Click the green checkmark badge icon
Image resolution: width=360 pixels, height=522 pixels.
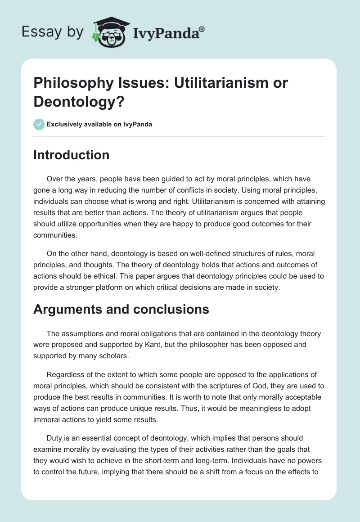(39, 124)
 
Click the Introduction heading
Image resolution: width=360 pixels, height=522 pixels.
(72, 155)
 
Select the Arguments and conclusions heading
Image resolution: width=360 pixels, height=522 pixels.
(121, 309)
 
